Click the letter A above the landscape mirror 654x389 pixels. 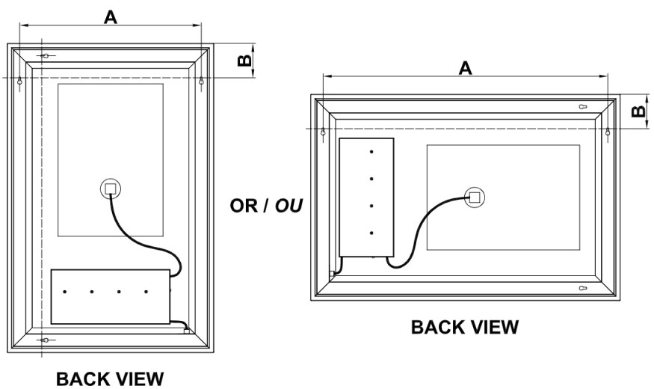[x=465, y=67]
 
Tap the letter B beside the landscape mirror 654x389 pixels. [x=637, y=111]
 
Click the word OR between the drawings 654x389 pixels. [x=244, y=204]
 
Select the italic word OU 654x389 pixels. [x=288, y=204]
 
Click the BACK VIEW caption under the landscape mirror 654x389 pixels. [x=464, y=327]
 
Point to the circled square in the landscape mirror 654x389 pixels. [x=473, y=197]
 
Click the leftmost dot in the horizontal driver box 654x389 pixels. [x=64, y=291]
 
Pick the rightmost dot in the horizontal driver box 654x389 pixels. [x=146, y=291]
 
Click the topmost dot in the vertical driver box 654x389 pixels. [x=371, y=152]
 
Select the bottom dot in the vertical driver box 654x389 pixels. [x=371, y=233]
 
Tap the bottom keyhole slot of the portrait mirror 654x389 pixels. [x=46, y=340]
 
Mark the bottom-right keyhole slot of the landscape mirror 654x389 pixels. [x=583, y=287]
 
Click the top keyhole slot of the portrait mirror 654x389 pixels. [x=46, y=56]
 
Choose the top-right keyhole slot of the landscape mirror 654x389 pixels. [x=583, y=107]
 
